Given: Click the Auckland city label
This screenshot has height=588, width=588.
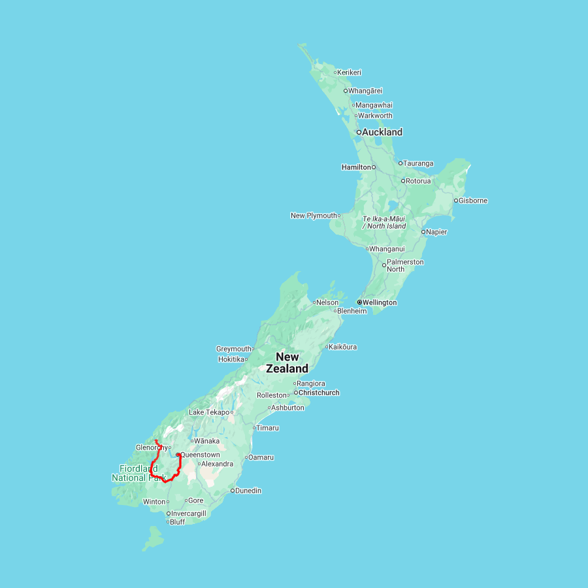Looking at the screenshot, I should [382, 132].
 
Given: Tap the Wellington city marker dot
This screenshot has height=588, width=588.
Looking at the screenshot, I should [359, 302].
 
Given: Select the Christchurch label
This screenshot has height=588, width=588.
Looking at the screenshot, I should [319, 393].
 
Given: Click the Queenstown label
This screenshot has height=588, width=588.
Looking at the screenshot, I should [200, 455].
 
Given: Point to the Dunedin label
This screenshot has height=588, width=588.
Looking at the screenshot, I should [248, 491].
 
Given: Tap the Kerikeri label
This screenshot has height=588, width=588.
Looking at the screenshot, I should [350, 73].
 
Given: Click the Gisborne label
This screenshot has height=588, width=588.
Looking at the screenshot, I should [473, 201].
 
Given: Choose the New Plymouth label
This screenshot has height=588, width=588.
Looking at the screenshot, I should [314, 216].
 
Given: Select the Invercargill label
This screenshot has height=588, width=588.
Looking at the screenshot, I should [189, 514].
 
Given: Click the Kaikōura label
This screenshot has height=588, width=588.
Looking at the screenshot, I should [343, 347].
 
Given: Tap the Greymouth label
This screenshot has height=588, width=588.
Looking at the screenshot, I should [234, 349].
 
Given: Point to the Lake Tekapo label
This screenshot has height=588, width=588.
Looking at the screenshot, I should [208, 412].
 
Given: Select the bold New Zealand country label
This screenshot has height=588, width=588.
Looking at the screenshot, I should [287, 363].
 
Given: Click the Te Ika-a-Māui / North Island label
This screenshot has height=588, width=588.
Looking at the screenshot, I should [384, 222].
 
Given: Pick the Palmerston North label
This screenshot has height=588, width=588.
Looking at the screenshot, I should [405, 265].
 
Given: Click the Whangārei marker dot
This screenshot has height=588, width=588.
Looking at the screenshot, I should [346, 91].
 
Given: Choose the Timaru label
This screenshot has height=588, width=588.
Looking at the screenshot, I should [268, 428].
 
